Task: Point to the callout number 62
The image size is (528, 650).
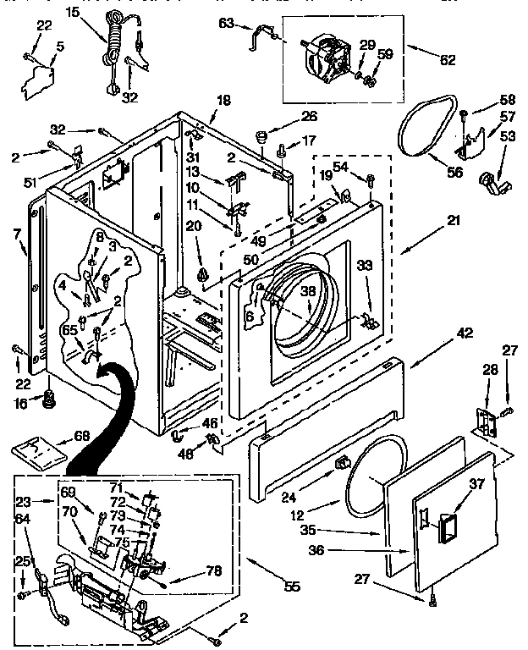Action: [x=448, y=60]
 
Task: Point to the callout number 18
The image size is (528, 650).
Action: [x=223, y=100]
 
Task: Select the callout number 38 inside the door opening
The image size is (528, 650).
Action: [x=309, y=289]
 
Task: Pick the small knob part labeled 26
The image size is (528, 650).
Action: [x=261, y=135]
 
